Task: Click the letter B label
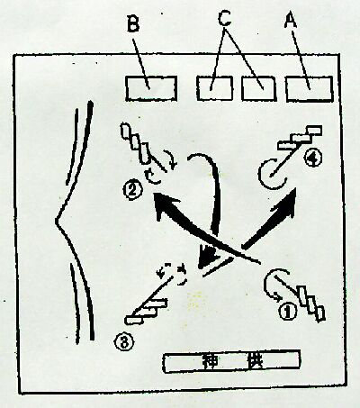tap(133, 23)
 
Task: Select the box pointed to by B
tap(151, 88)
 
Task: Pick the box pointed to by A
tap(310, 89)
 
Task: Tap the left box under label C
tap(214, 88)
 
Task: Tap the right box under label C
tap(258, 89)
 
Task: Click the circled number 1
tap(288, 312)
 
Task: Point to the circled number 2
tap(131, 190)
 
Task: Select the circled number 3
tap(123, 342)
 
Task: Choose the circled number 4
tap(313, 159)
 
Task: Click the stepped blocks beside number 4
tap(300, 138)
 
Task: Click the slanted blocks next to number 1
tap(310, 304)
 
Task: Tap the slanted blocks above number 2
tap(135, 144)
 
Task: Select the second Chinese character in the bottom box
tap(254, 362)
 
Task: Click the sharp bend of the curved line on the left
tap(57, 222)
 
